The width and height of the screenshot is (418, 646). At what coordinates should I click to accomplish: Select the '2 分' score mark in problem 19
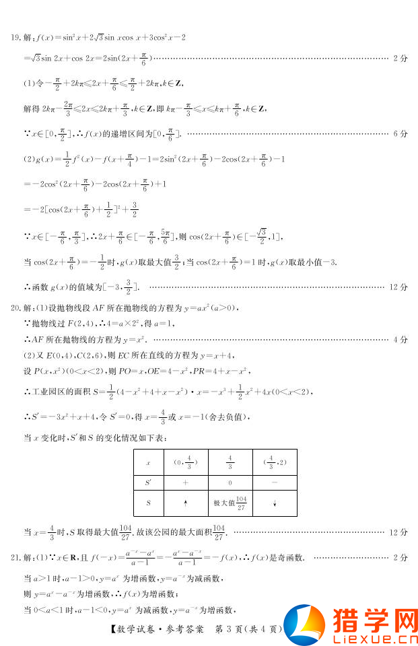click(x=399, y=59)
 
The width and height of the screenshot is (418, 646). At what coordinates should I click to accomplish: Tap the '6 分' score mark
click(x=399, y=134)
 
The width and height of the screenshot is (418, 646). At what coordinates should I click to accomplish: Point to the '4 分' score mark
click(x=399, y=339)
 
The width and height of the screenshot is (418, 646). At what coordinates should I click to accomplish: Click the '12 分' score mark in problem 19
click(x=398, y=287)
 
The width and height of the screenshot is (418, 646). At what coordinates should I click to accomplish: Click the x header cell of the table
click(x=148, y=463)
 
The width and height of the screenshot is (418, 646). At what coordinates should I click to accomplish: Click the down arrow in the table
click(x=274, y=503)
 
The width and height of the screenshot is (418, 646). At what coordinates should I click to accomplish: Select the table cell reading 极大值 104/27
click(x=230, y=502)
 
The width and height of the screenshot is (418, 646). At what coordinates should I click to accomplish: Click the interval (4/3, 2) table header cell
click(x=274, y=463)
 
